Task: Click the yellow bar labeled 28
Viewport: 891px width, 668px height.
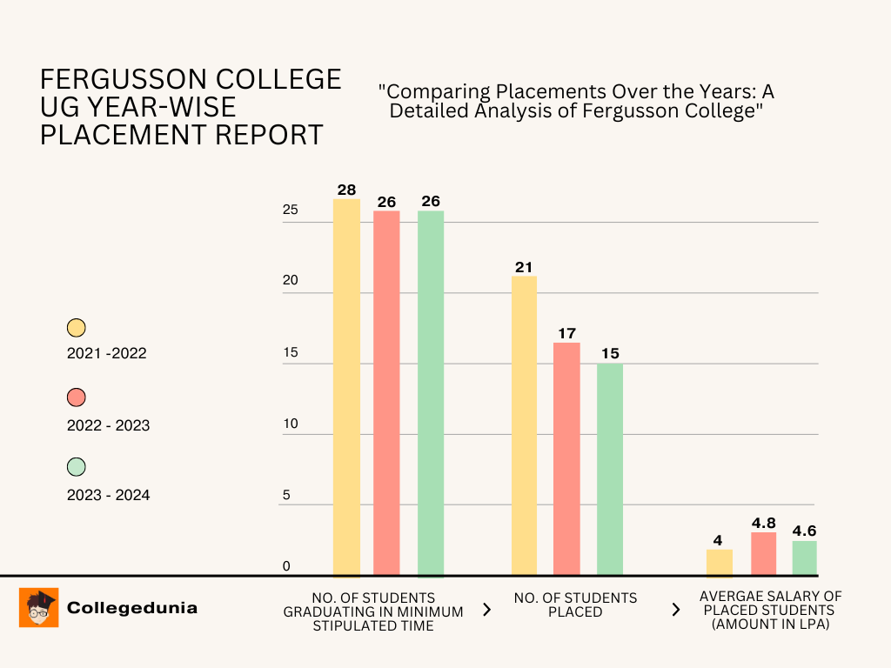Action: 346,387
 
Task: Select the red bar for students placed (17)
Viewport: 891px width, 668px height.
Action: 566,458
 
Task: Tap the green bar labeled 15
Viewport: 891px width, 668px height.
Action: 610,469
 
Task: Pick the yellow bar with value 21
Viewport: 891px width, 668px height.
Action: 524,425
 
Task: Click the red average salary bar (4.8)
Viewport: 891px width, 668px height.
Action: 763,553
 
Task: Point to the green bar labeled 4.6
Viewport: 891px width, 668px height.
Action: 804,558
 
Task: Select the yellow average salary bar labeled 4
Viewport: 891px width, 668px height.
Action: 719,562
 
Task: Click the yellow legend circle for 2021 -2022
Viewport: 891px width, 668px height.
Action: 77,328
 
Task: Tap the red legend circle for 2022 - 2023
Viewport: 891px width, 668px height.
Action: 77,397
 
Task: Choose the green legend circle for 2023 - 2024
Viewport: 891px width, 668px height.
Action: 77,467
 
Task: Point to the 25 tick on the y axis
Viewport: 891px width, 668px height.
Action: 290,210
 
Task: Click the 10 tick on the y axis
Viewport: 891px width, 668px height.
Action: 290,424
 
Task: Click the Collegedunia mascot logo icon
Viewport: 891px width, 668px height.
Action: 39,607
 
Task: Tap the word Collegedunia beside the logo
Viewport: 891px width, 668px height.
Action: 132,608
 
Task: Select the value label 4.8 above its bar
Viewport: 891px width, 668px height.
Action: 763,524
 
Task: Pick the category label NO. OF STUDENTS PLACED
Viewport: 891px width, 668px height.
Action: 575,605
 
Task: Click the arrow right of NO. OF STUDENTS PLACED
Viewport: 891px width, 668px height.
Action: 675,610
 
